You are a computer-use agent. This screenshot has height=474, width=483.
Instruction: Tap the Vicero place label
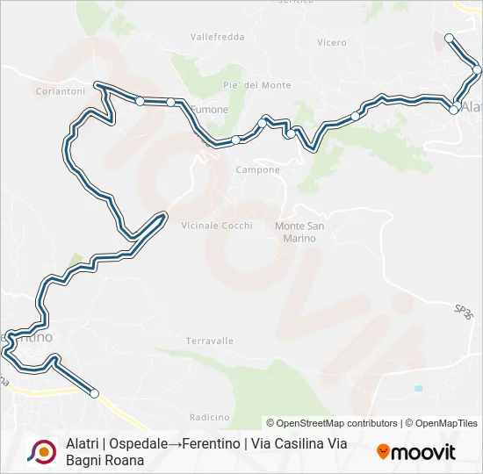click(332, 42)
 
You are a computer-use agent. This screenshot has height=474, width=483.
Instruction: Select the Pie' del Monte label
click(257, 85)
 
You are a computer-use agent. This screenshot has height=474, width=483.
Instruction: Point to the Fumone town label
click(211, 110)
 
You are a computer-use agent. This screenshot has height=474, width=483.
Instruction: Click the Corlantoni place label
click(60, 90)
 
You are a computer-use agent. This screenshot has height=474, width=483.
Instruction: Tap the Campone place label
click(258, 169)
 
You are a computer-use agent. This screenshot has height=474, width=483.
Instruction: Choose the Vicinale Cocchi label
click(216, 226)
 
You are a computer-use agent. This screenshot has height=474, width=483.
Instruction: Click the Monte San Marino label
click(300, 232)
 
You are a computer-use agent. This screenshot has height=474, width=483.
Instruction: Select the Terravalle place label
click(210, 341)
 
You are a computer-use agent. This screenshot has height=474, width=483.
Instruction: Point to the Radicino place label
click(209, 417)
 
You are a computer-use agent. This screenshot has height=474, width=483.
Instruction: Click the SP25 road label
click(464, 310)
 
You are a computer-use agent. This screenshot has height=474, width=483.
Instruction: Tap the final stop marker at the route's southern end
click(95, 394)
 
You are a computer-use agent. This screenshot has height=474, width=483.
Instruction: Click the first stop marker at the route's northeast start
click(449, 38)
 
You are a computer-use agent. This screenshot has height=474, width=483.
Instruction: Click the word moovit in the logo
click(423, 452)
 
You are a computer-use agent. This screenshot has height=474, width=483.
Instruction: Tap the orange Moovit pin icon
click(383, 452)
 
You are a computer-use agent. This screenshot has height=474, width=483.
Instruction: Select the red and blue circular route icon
click(40, 451)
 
